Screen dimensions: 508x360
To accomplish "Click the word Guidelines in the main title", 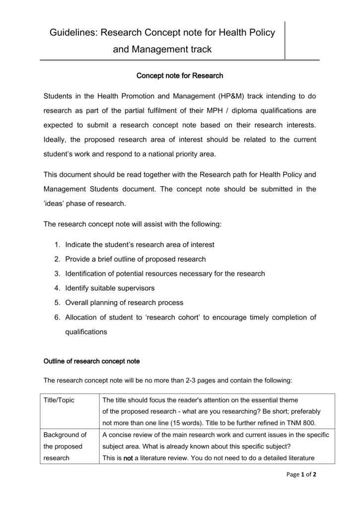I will point(73,33).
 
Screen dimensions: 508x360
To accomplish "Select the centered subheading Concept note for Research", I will point(180,76).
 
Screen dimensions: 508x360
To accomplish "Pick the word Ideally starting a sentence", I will point(57,139).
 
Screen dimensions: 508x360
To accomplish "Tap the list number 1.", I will point(57,245).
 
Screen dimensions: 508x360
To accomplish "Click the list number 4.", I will point(57,288).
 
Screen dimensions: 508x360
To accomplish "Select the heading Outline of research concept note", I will point(91,361).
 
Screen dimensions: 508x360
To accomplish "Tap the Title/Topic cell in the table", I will point(59,400).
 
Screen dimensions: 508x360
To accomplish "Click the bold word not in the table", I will point(128,458).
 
